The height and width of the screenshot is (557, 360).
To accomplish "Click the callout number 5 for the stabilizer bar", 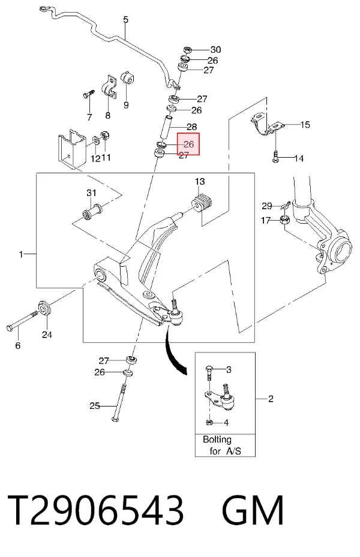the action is pos(126,20).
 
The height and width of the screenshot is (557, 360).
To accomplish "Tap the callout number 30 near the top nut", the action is pos(215,50).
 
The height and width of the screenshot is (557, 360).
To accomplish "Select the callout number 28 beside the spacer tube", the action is pos(191,127).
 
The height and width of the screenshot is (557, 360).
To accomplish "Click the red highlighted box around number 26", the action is pos(189,144).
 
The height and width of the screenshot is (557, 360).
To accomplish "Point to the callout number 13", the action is pos(200,182).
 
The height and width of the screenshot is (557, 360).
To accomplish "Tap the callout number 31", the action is pos(91,193).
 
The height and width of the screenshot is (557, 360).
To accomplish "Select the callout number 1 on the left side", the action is pos(21,254).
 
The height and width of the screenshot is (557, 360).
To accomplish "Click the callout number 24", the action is pos(47,335).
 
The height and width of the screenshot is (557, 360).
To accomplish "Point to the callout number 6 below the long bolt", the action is pos(18,345).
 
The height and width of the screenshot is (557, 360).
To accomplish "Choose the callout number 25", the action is pos(95,406).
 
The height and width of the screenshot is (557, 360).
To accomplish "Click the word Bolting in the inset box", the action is pos(217,439).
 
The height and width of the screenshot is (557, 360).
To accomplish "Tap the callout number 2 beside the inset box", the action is pos(271,399).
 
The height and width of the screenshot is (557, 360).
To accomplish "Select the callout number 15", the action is pos(305,125).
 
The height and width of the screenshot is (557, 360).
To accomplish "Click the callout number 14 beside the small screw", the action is pos(299,158).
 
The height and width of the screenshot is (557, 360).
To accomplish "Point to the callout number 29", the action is pos(267,206).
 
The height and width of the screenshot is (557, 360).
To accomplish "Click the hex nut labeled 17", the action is pos(284,220).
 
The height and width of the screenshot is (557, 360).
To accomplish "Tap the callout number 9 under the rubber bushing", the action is pos(126,105).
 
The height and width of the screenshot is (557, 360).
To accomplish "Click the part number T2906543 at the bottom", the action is pos(95,510).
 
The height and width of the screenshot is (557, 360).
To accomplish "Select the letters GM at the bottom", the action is pos(253,510).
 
